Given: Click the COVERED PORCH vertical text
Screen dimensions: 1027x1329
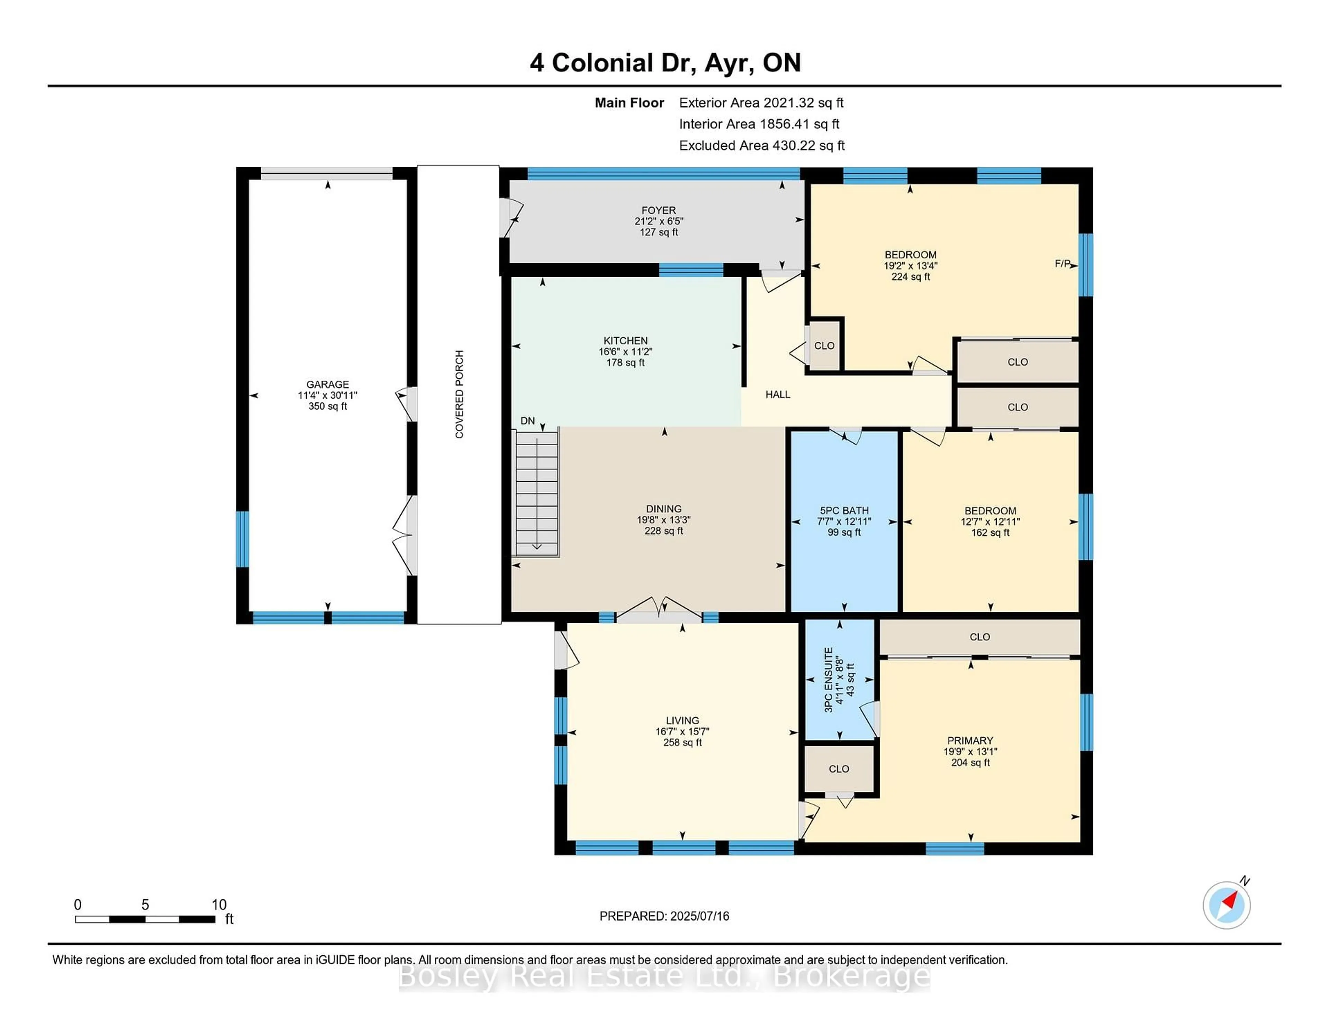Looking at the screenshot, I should (x=459, y=394).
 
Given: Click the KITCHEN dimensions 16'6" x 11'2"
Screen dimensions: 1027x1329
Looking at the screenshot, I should (x=625, y=352).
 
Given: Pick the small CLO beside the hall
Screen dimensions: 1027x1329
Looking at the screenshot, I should (x=824, y=346).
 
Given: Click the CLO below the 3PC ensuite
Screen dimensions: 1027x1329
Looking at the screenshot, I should (x=839, y=769).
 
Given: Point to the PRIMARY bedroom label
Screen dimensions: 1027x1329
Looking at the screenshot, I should (x=970, y=740).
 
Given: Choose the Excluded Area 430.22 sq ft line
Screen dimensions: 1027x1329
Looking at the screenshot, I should (x=761, y=145).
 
